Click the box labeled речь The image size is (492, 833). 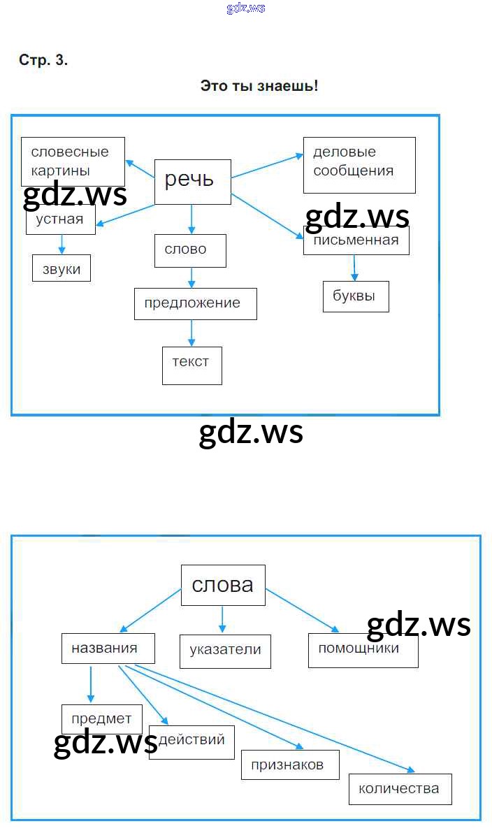point(192,181)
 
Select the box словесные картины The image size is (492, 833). point(73,161)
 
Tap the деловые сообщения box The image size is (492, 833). point(359,164)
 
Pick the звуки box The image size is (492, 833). point(61,268)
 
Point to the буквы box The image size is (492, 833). point(355,296)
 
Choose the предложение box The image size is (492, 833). point(195,303)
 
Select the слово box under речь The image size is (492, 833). point(190,250)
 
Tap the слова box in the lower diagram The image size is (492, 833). point(223,585)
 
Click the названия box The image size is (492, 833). point(108,649)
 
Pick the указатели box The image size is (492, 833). point(225,651)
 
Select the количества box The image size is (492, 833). point(400,789)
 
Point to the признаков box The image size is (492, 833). point(291,765)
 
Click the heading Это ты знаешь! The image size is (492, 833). point(259,86)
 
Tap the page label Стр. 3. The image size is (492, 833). point(43,60)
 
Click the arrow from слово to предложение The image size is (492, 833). point(191,277)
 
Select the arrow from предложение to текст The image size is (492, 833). point(191,333)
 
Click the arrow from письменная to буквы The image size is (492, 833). point(354,268)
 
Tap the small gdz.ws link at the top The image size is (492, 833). point(246,8)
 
